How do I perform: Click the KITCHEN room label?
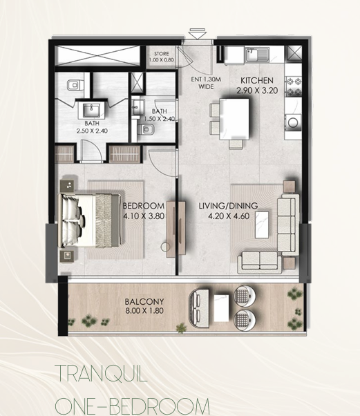256,80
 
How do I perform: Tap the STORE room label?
162,54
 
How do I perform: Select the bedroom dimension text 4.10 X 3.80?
144,216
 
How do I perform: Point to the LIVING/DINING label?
228,206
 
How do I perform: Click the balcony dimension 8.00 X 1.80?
144,310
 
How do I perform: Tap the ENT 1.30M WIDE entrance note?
206,83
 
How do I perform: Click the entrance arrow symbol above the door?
198,34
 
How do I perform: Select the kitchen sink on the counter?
257,55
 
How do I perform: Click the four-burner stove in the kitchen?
293,86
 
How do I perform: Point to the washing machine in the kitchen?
293,122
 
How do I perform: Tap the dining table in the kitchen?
234,119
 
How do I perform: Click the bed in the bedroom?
89,220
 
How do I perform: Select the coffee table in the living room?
262,225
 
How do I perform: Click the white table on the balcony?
221,308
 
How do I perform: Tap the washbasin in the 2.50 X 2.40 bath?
91,110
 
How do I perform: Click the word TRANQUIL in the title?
101,374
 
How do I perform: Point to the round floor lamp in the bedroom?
165,247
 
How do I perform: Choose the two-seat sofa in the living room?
259,262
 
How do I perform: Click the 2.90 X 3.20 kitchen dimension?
257,91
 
